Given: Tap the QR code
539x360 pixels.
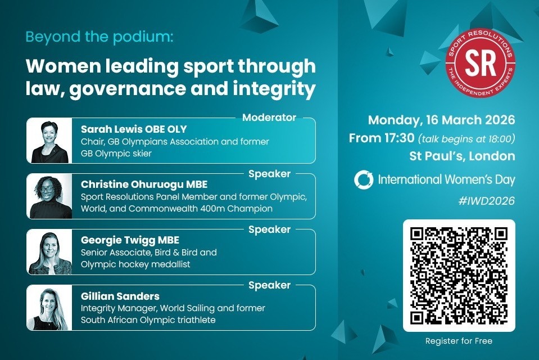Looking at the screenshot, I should point(459,275).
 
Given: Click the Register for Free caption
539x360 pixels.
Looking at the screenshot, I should point(459,341).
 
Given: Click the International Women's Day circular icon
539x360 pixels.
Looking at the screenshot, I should point(364,180).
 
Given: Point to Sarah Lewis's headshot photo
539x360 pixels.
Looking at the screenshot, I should point(49,141).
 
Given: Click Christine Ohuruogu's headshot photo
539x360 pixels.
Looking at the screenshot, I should point(49,196).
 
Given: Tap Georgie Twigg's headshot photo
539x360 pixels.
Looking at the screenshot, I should point(49,252).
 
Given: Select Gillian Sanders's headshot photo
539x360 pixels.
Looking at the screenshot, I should point(49,308).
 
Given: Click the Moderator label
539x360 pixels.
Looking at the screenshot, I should point(269,118).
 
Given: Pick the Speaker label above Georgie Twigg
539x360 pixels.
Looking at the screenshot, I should point(269,229).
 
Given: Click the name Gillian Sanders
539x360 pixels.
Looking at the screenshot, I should point(120,296).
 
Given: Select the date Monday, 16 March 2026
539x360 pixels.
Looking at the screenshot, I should point(441,120).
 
